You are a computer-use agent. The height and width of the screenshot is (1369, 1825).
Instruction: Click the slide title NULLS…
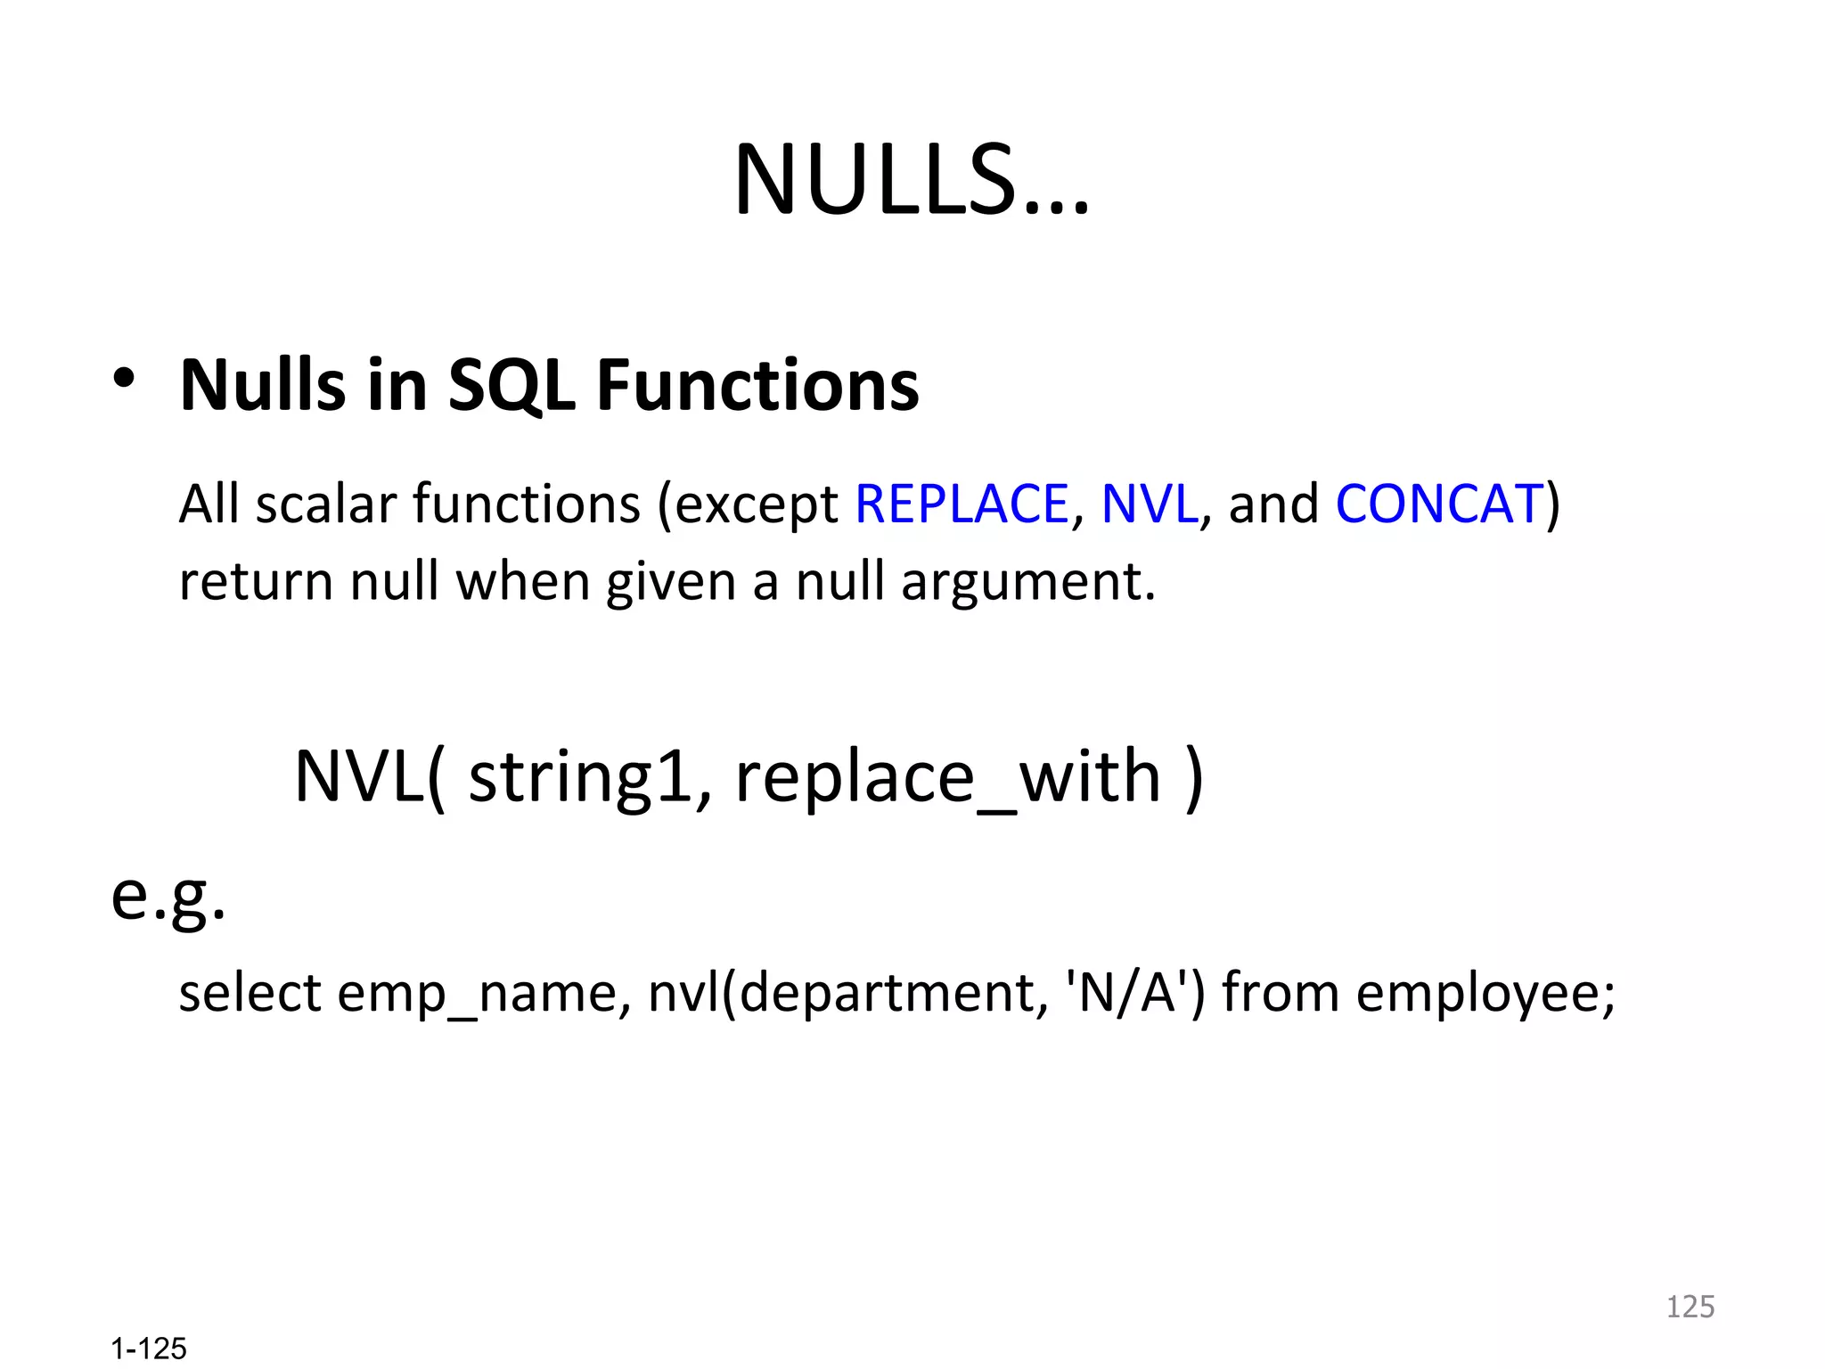click(x=911, y=181)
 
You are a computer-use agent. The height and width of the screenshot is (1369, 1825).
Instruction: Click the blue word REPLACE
click(x=961, y=504)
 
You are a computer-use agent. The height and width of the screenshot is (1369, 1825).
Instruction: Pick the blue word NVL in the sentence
click(x=1149, y=504)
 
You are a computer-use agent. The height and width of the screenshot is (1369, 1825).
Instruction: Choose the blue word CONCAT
click(x=1438, y=504)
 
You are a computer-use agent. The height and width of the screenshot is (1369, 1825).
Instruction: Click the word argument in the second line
click(x=1027, y=582)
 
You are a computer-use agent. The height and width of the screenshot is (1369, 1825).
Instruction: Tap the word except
click(x=756, y=505)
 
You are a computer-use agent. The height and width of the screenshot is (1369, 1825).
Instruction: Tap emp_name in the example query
click(x=478, y=994)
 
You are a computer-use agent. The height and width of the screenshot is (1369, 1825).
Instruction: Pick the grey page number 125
click(x=1690, y=1307)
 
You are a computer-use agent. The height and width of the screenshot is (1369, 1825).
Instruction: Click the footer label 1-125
click(x=149, y=1349)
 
